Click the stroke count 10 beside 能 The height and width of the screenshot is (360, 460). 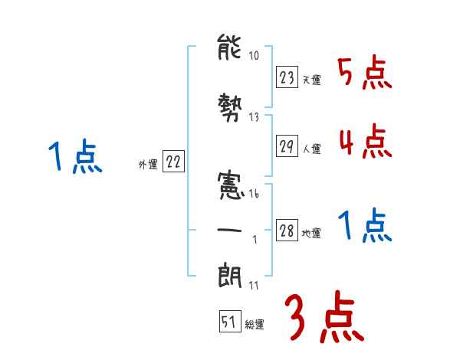[255, 56]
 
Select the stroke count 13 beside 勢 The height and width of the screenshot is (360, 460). [255, 116]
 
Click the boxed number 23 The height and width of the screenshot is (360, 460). [287, 77]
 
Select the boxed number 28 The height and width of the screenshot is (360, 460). [287, 231]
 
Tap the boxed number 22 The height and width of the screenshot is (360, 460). [173, 162]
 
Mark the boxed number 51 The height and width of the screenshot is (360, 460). [229, 322]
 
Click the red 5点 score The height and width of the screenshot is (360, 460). [365, 74]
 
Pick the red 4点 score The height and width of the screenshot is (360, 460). [365, 142]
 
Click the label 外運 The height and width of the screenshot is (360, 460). [147, 164]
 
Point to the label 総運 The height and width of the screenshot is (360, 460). [254, 325]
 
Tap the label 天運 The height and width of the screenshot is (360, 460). [311, 80]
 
